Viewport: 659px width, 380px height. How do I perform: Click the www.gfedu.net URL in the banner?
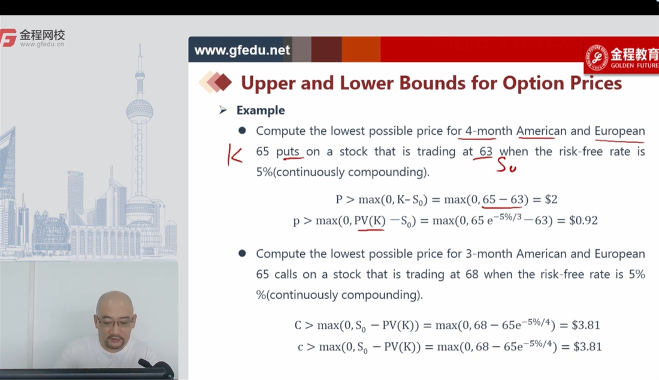[x=242, y=50]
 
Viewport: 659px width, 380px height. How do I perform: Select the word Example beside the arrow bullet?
[x=261, y=110]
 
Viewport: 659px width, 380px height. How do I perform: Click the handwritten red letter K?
[x=235, y=155]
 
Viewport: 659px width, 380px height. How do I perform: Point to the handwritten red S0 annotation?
[x=506, y=165]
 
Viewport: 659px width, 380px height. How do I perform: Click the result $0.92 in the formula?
[x=583, y=220]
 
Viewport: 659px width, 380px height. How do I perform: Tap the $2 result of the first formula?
[x=551, y=199]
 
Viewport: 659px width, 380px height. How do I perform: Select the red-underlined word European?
[x=619, y=131]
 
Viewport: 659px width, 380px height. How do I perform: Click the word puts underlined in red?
[x=288, y=152]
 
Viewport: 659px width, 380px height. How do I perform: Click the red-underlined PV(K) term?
[x=370, y=220]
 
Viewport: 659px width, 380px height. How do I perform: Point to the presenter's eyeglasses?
[x=115, y=322]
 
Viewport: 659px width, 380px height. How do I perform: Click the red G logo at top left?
[x=8, y=38]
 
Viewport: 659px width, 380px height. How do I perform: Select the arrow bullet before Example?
[x=223, y=110]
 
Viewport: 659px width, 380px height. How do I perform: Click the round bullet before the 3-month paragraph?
[x=242, y=254]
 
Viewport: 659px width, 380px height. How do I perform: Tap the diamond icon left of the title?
[x=215, y=82]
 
